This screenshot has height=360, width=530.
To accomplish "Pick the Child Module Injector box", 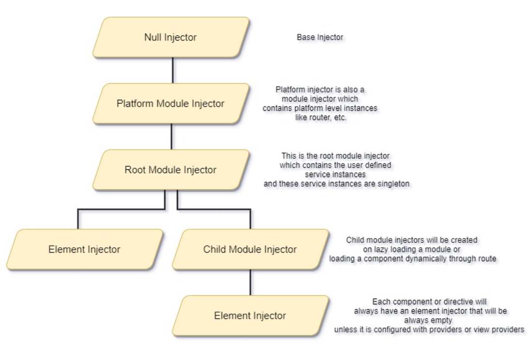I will tap(250, 250).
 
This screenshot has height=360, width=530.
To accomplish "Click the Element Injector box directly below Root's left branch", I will tap(84, 250).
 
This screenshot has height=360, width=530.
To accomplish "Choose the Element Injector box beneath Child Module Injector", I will tap(250, 316).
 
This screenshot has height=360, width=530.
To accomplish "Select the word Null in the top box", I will tap(156, 37).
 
